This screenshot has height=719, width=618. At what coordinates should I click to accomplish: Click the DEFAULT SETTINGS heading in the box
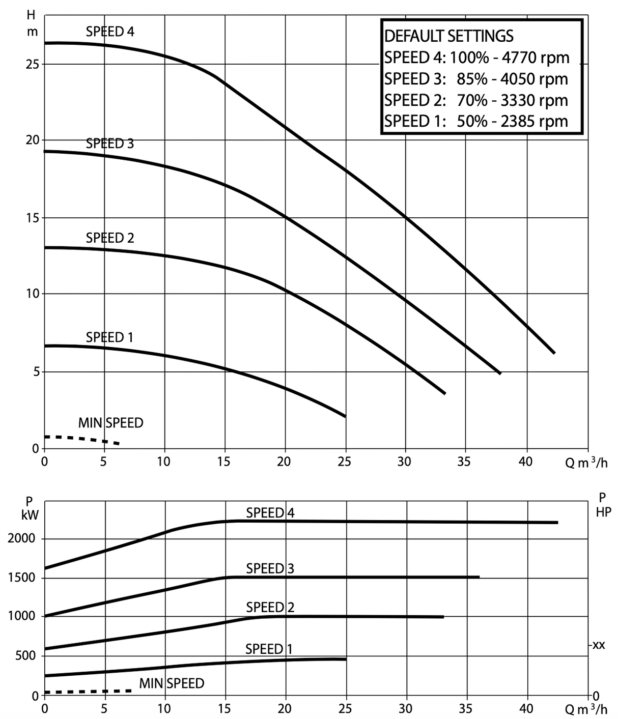(x=448, y=36)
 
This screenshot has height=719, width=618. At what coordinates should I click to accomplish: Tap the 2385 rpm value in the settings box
(x=535, y=121)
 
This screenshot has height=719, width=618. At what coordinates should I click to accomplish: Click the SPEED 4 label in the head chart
(x=110, y=32)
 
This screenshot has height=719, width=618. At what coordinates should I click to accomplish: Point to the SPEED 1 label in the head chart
(x=109, y=337)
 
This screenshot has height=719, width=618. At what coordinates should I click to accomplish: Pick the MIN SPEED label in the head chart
(x=110, y=423)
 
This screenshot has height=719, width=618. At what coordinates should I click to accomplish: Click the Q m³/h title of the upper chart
(x=586, y=463)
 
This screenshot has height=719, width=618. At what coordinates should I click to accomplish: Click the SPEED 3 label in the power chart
(x=270, y=568)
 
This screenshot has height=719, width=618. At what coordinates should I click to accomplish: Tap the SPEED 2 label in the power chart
(x=270, y=607)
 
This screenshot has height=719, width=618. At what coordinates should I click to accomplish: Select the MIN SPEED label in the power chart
(x=172, y=683)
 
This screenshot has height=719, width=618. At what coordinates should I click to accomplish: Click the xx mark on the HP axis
(x=599, y=645)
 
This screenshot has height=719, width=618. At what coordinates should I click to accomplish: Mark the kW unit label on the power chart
(x=30, y=515)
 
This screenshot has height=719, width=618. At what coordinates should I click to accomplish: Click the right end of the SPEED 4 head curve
(x=554, y=352)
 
